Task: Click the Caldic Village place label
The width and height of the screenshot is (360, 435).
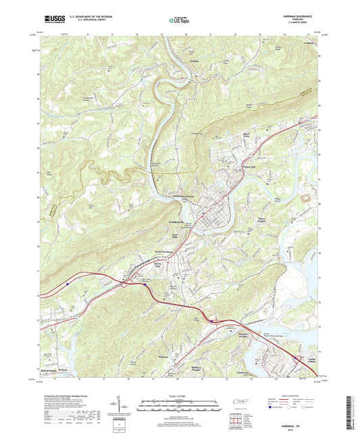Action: tap(311, 360)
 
